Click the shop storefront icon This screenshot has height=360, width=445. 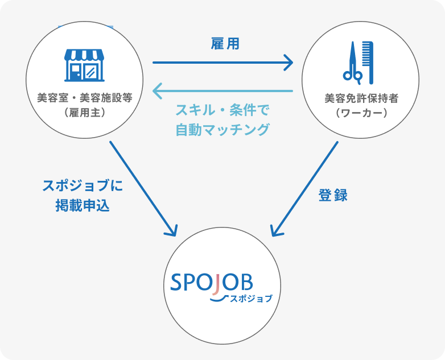tap(85, 64)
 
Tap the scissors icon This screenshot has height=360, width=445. tap(352, 64)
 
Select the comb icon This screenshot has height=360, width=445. tap(368, 62)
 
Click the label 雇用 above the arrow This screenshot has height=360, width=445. tap(224, 44)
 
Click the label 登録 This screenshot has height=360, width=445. tap(332, 195)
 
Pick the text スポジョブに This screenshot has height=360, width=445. tap(83, 186)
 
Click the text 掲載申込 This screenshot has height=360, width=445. tap(83, 206)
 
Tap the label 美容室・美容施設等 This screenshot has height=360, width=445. tap(84, 97)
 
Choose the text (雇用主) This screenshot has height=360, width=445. tap(84, 112)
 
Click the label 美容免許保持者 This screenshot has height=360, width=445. tap(361, 98)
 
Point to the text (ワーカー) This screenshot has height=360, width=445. tap(361, 113)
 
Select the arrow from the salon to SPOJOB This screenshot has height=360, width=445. tap(142, 188)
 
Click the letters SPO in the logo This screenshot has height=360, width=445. tap(192, 282)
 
